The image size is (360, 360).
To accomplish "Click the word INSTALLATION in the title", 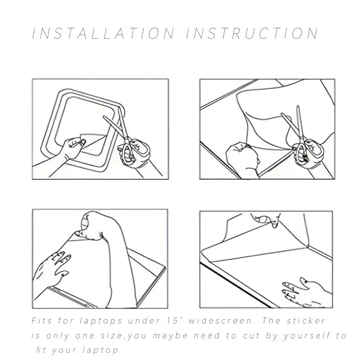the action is [103, 33].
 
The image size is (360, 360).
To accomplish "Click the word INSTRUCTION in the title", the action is [252, 33].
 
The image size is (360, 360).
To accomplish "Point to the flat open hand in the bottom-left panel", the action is [52, 269].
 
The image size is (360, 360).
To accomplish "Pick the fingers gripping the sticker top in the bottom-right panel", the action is [266, 219].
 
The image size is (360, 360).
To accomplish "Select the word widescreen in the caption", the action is [220, 320].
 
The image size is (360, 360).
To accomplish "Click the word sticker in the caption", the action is [306, 320].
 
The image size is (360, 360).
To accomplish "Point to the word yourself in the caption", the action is [307, 336].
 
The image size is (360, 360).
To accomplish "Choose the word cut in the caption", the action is [252, 336].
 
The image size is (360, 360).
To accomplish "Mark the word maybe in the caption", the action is [170, 336].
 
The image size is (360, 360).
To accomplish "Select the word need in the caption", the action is [205, 336].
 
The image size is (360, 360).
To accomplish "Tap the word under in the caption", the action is [143, 320].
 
